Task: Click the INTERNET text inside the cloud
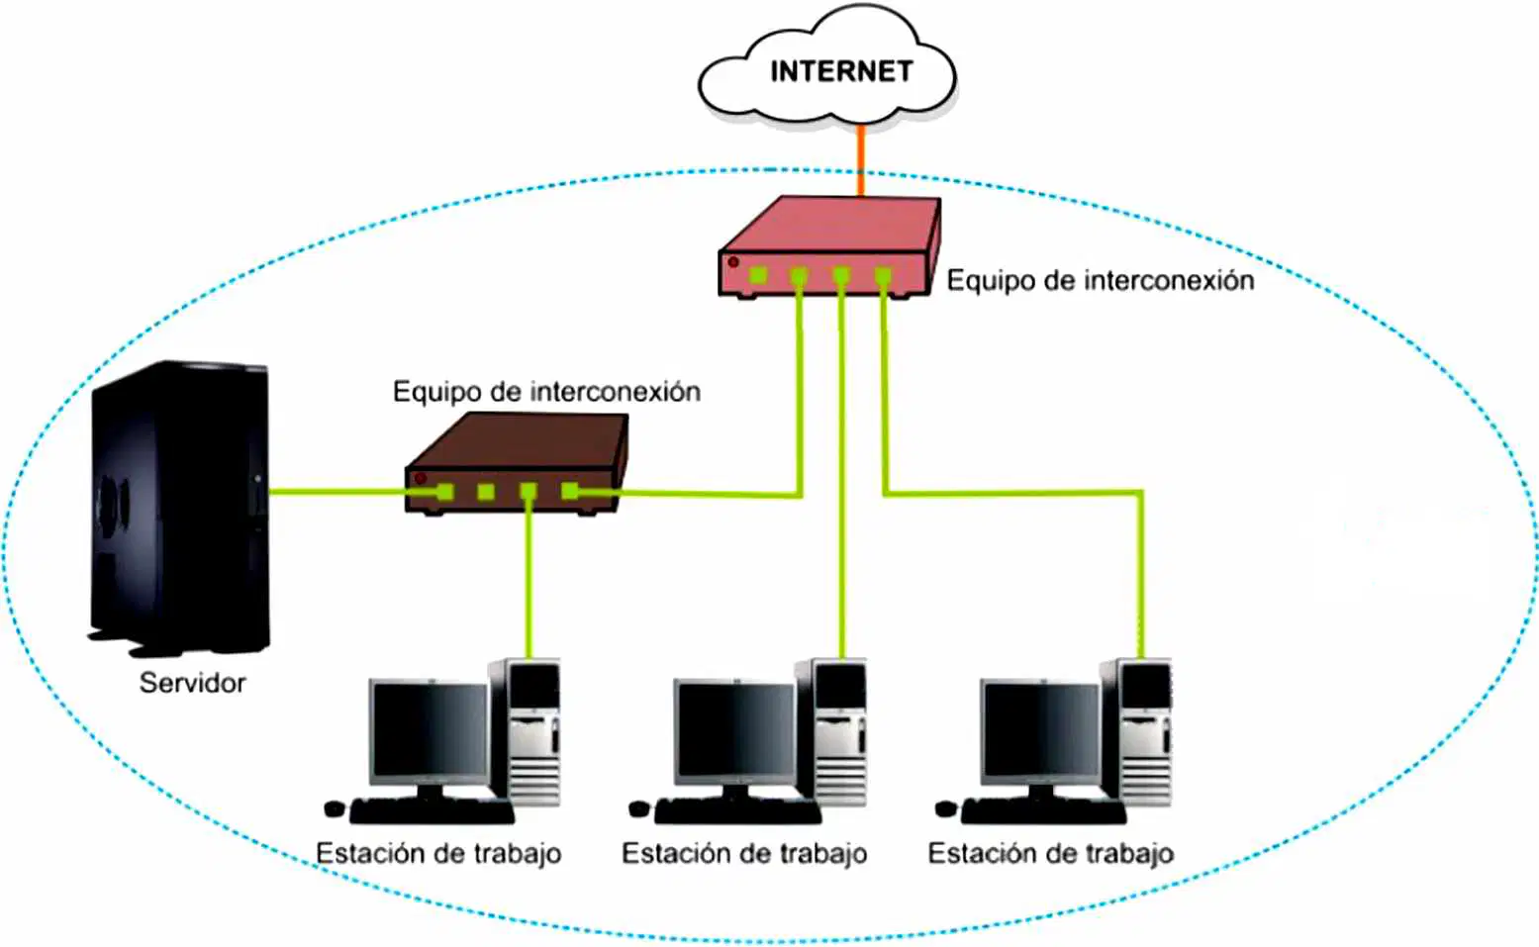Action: point(841,71)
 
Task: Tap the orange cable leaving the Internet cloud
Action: point(861,161)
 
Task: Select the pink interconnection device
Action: point(829,247)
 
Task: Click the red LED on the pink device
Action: point(733,261)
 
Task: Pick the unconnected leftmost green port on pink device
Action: point(758,275)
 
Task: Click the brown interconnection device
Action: point(517,463)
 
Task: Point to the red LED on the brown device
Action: point(421,477)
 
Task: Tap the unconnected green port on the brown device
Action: point(486,492)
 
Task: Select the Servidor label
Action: point(192,683)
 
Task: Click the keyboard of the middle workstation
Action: point(737,811)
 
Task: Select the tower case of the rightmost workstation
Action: point(1136,732)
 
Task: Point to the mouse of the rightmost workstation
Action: point(945,808)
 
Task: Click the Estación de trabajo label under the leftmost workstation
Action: point(438,854)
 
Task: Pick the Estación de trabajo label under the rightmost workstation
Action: point(1050,854)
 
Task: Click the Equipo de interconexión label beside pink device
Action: point(1101,280)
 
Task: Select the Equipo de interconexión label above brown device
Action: point(547,392)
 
